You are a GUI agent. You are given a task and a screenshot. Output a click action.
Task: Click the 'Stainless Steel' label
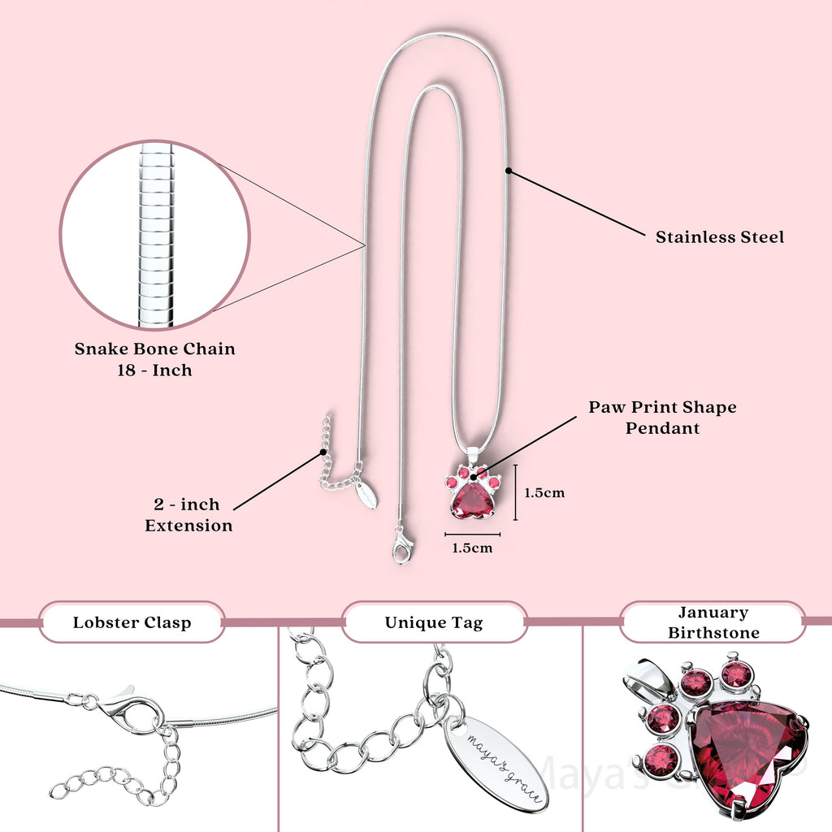720,237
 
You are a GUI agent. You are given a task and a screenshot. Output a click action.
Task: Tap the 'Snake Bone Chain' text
155,349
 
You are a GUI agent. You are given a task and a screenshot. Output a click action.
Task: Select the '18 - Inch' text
154,370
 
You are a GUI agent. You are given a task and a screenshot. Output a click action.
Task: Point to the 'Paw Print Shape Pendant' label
662,417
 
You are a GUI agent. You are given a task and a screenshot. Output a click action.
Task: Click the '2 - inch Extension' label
188,515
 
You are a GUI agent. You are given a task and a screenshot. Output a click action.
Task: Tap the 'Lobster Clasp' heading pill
132,622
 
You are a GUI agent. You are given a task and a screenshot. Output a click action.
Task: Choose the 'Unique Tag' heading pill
434,622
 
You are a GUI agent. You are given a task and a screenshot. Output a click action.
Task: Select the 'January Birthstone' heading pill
713,622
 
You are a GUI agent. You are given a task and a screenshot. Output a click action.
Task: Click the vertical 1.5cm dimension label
544,492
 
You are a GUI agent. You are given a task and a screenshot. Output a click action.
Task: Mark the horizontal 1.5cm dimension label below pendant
472,548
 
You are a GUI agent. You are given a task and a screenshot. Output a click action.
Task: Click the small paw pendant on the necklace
472,494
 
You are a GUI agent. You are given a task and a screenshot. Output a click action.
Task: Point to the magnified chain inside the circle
154,236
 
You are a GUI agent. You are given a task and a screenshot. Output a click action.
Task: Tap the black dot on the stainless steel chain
509,171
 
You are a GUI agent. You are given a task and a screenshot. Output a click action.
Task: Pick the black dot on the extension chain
323,452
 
